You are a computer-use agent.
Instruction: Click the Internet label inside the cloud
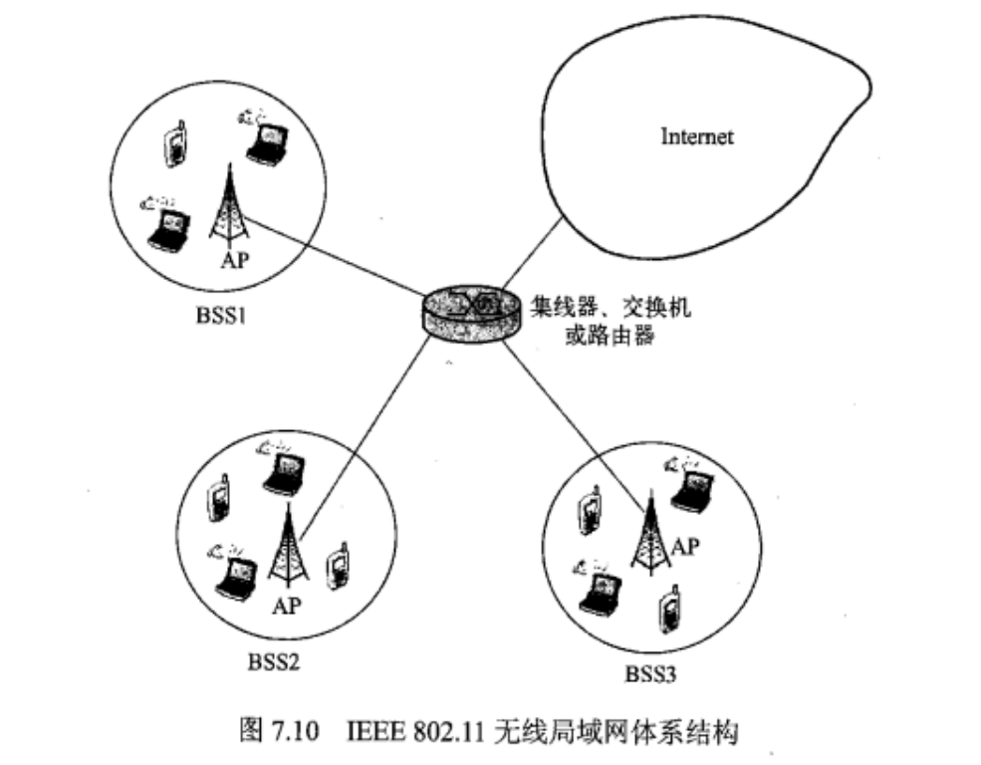click(x=697, y=136)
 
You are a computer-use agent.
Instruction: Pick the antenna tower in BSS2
click(x=289, y=548)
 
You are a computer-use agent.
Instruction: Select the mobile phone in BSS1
click(x=176, y=145)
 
